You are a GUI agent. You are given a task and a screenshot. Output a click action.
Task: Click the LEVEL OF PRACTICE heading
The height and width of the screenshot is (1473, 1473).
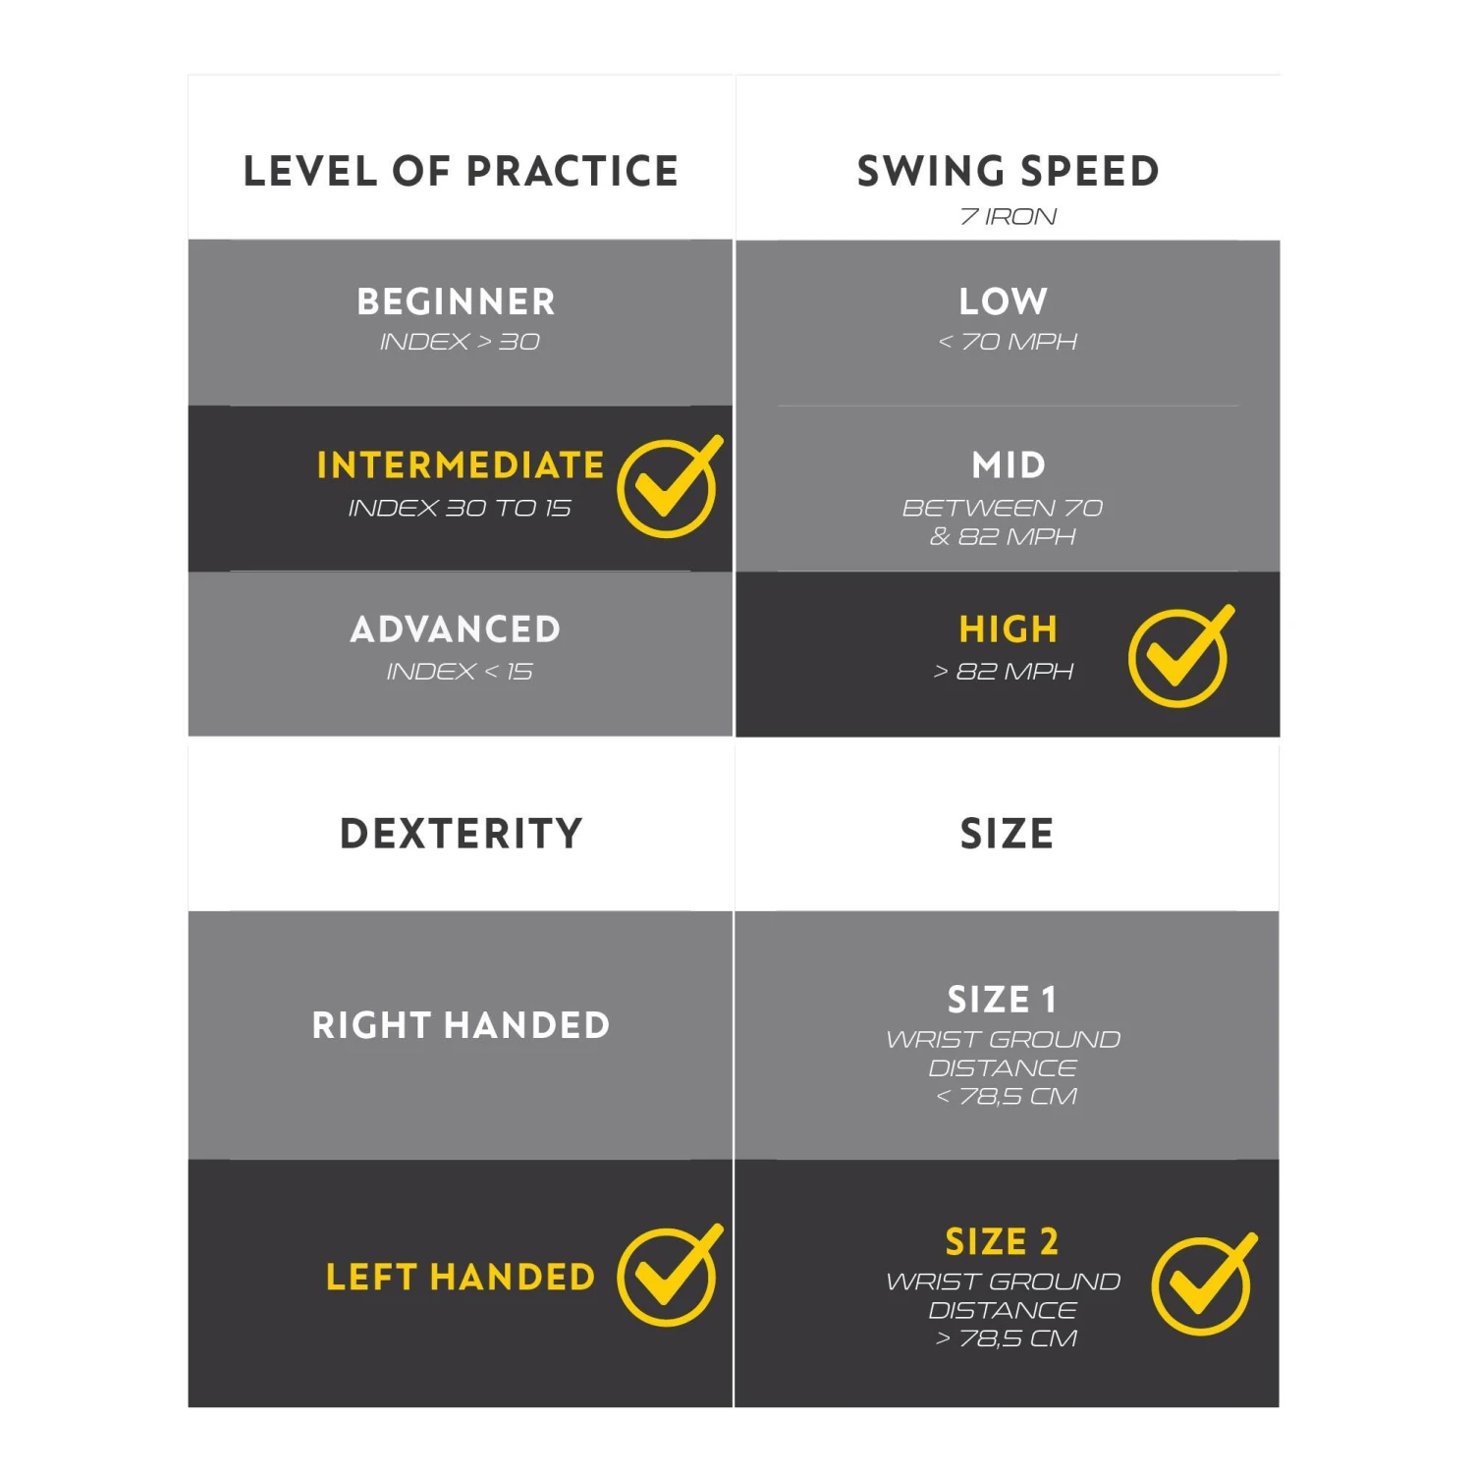(461, 171)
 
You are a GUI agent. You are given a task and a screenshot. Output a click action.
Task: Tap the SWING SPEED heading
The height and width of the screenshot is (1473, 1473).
(1008, 171)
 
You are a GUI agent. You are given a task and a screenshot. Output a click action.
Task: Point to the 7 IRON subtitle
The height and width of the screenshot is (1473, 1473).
(1008, 217)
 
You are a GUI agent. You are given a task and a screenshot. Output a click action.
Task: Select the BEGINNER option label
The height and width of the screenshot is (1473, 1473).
(457, 301)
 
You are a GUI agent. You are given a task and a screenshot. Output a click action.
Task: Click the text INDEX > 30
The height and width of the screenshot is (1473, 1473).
(460, 342)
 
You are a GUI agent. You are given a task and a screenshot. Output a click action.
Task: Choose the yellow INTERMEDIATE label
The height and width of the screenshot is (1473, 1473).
(460, 465)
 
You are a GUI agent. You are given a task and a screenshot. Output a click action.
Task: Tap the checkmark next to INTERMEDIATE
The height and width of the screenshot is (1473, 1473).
(668, 487)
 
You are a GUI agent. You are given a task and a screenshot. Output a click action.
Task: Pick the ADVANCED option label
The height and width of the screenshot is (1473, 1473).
(456, 629)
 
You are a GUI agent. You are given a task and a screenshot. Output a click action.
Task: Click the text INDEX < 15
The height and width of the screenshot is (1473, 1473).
(460, 672)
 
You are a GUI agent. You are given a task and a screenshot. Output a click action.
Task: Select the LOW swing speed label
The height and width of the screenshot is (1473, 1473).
(1004, 301)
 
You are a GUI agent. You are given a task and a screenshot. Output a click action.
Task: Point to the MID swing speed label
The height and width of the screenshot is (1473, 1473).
(1009, 465)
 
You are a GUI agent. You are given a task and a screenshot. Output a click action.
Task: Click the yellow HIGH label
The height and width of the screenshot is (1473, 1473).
(1009, 629)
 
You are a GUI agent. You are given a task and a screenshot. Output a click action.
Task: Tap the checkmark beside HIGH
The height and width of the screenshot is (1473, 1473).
(1179, 656)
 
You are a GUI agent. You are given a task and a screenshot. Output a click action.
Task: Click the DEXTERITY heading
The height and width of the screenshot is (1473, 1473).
(461, 834)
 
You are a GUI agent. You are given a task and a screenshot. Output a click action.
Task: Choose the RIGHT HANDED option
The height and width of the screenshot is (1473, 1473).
(461, 1025)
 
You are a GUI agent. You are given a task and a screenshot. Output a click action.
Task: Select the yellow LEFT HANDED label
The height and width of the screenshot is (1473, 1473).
(461, 1278)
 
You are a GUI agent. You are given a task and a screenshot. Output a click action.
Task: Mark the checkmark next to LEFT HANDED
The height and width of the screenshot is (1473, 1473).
(668, 1276)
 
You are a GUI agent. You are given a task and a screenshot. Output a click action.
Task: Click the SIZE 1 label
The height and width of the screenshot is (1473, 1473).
(1002, 1000)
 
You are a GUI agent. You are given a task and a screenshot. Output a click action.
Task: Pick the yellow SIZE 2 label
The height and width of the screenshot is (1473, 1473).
(1002, 1242)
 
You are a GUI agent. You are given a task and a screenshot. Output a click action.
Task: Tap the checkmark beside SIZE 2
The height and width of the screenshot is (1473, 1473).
(1202, 1284)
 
